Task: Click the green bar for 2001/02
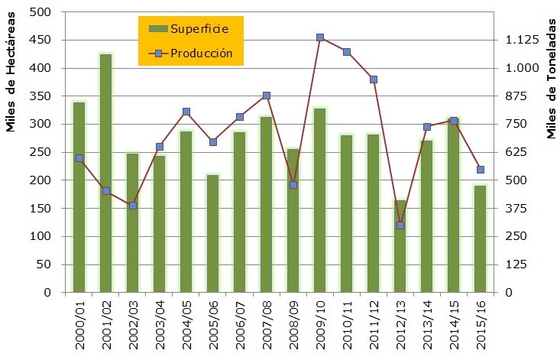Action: point(105,173)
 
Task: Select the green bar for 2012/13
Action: point(400,246)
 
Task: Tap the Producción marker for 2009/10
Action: point(319,37)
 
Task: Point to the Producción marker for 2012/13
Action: point(400,225)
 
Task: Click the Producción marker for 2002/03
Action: point(132,206)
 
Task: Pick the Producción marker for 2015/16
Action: point(480,170)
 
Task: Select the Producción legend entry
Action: point(190,54)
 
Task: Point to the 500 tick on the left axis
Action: point(40,12)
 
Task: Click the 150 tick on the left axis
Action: point(40,208)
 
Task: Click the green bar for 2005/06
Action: point(212,233)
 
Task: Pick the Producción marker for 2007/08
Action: point(266,96)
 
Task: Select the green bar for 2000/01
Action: point(79,196)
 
